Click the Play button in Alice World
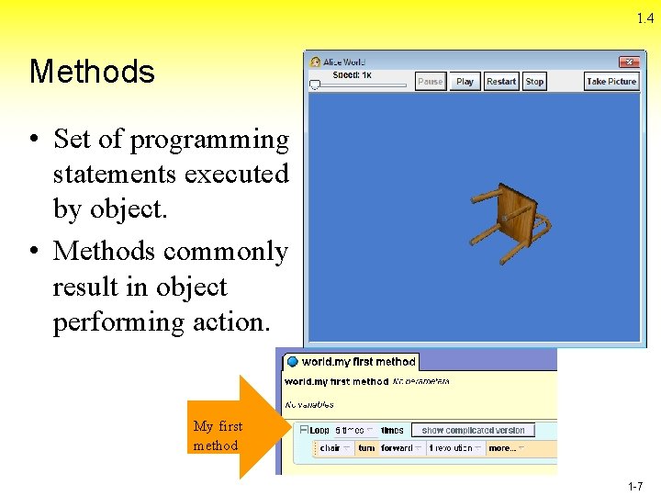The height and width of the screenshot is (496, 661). click(465, 82)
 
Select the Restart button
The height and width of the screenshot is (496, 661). click(501, 82)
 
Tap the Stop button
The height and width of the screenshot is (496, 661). click(534, 82)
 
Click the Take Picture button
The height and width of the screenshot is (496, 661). click(611, 82)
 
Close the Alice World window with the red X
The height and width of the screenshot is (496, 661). click(628, 62)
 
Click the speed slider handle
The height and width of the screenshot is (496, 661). click(315, 85)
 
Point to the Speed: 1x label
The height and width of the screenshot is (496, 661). click(352, 74)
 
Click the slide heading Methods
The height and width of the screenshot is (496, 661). click(92, 72)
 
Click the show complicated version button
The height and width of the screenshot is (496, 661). click(473, 430)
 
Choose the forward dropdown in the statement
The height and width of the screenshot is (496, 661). click(401, 448)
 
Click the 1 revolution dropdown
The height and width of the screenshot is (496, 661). click(454, 448)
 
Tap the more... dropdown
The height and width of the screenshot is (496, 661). click(506, 448)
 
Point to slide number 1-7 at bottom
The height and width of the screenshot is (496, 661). click(634, 487)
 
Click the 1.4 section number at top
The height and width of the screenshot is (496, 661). click(644, 18)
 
